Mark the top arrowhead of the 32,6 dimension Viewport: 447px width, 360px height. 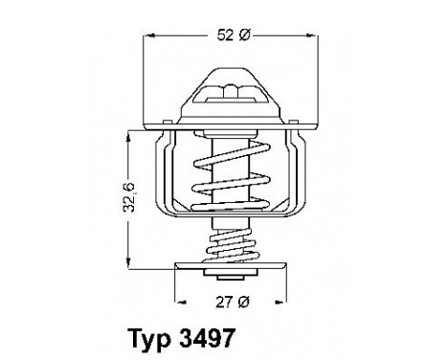(129, 133)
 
